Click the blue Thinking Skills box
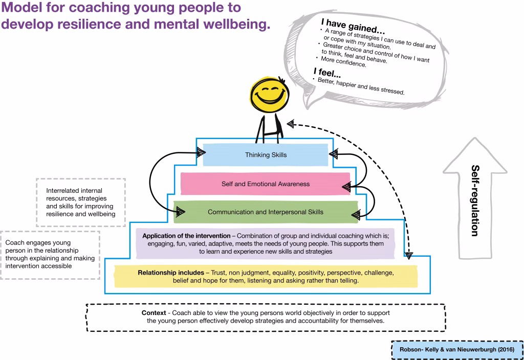pyautogui.click(x=265, y=155)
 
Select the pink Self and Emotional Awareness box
pyautogui.click(x=265, y=184)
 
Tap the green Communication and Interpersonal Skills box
pyautogui.click(x=265, y=212)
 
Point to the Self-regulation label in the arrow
pyautogui.click(x=475, y=200)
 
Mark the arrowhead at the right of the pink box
pyautogui.click(x=346, y=187)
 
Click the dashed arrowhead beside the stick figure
pyautogui.click(x=291, y=123)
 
